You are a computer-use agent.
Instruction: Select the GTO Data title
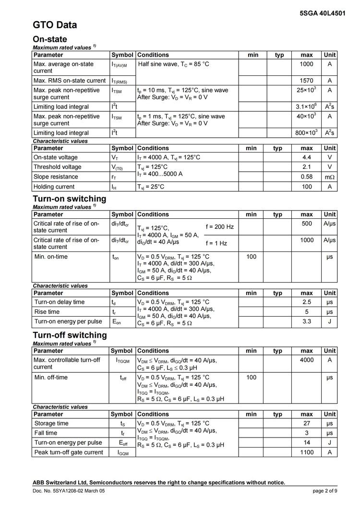pos(55,25)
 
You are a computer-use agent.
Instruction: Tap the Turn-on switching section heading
pos(70,199)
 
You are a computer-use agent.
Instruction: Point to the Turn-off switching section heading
pos(70,335)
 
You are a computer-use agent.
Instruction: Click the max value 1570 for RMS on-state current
pos(306,81)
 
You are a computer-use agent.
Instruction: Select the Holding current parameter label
pos(54,186)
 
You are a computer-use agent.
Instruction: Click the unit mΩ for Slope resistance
pos(329,177)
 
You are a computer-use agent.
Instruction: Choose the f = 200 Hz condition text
pos(219,226)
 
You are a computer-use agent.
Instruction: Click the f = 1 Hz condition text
pos(216,243)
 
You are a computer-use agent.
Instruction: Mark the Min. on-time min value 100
pos(251,257)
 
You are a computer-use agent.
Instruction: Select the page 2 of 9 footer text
pos(325,491)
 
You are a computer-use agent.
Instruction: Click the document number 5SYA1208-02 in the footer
pos(69,491)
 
